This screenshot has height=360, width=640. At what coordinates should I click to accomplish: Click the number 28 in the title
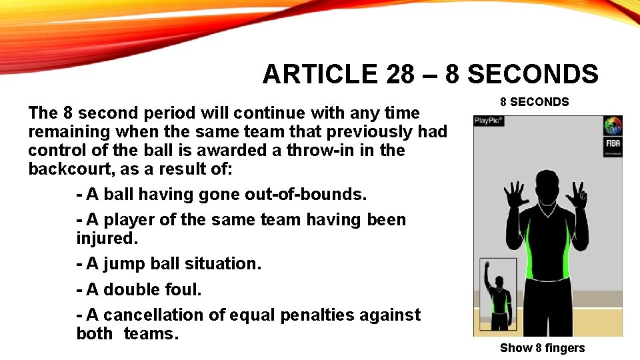pos(400,75)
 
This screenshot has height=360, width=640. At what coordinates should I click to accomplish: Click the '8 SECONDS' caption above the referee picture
pos(535,102)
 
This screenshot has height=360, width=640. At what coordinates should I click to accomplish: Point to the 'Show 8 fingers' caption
pos(542,347)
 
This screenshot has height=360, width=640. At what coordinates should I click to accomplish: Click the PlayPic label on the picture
pos(489,121)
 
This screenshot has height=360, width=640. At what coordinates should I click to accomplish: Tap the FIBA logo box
pos(613,147)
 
